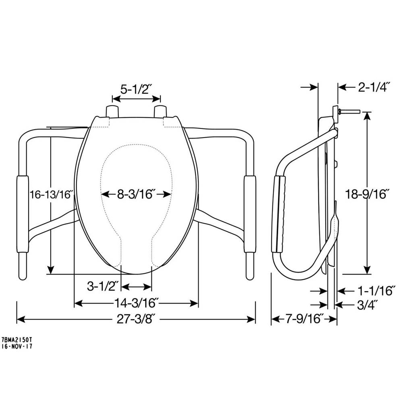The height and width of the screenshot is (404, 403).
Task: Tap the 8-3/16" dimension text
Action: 136,194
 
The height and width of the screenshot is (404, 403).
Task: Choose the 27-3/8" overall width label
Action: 137,320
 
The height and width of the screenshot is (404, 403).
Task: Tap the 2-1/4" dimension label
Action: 374,87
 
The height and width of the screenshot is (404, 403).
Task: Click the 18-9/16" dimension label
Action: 367,194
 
